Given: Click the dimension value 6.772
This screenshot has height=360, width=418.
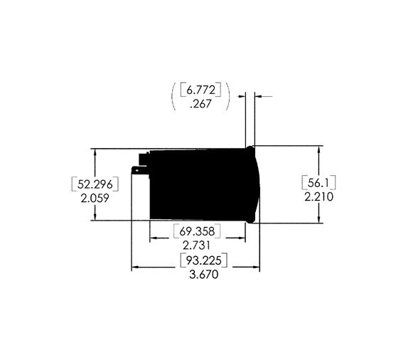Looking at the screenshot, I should [201, 90].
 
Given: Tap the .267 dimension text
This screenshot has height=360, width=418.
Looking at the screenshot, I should [200, 104].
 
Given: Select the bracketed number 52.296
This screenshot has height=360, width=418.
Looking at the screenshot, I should [94, 184].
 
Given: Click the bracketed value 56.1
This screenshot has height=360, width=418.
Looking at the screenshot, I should [318, 181].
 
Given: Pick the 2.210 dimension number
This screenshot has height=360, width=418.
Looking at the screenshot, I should [318, 196].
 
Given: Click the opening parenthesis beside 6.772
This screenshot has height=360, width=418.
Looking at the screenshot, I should [173, 96].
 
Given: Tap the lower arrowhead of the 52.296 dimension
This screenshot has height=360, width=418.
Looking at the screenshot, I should [94, 216].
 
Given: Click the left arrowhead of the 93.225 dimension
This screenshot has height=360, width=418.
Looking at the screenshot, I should [136, 268].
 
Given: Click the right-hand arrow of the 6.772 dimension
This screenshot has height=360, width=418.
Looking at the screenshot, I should [257, 95].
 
